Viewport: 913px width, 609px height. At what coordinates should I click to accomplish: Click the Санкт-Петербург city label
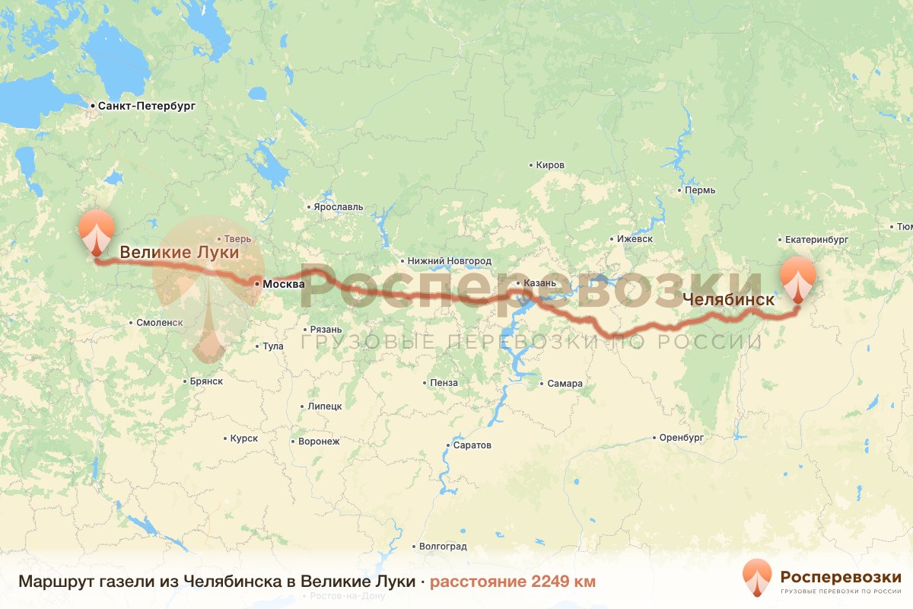[x=146, y=107]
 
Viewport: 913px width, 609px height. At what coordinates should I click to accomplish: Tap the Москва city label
[x=283, y=284]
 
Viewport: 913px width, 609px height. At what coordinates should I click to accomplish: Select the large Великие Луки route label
[x=180, y=252]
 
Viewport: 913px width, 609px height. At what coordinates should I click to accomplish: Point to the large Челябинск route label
[x=729, y=300]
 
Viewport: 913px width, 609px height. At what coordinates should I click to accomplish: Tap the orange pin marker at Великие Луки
[x=97, y=231]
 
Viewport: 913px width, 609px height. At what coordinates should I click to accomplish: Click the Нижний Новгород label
[x=449, y=261]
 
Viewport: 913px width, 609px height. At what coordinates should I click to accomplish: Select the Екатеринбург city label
[x=816, y=239]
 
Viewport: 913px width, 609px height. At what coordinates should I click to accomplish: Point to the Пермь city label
[x=700, y=190]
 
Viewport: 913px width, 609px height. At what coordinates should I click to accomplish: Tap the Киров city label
[x=549, y=165]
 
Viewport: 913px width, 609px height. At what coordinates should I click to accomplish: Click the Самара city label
[x=565, y=384]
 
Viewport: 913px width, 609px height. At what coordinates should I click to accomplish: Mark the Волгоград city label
[x=443, y=547]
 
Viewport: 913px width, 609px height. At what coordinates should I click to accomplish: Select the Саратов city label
[x=472, y=445]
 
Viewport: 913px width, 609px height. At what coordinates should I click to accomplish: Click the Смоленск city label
[x=159, y=323]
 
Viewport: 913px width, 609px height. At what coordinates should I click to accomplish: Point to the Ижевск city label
[x=635, y=239]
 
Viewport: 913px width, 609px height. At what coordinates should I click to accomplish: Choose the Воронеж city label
[x=319, y=442]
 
